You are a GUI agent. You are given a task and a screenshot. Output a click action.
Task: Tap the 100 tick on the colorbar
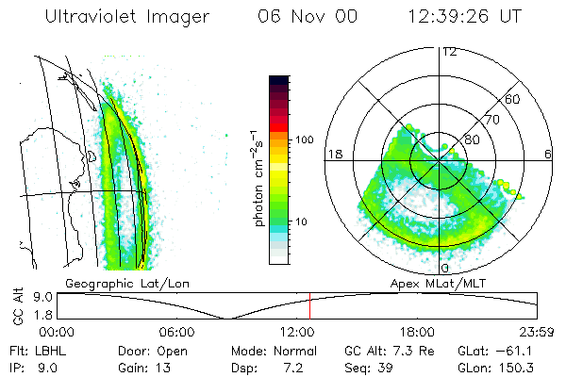point(304,139)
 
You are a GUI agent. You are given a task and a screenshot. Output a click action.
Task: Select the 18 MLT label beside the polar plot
point(333,154)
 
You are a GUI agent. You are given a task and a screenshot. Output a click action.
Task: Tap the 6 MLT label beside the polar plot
point(547,154)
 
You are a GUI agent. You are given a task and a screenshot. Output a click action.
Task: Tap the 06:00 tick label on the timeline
point(176,332)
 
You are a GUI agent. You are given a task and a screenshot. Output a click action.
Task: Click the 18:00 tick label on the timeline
point(417,332)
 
